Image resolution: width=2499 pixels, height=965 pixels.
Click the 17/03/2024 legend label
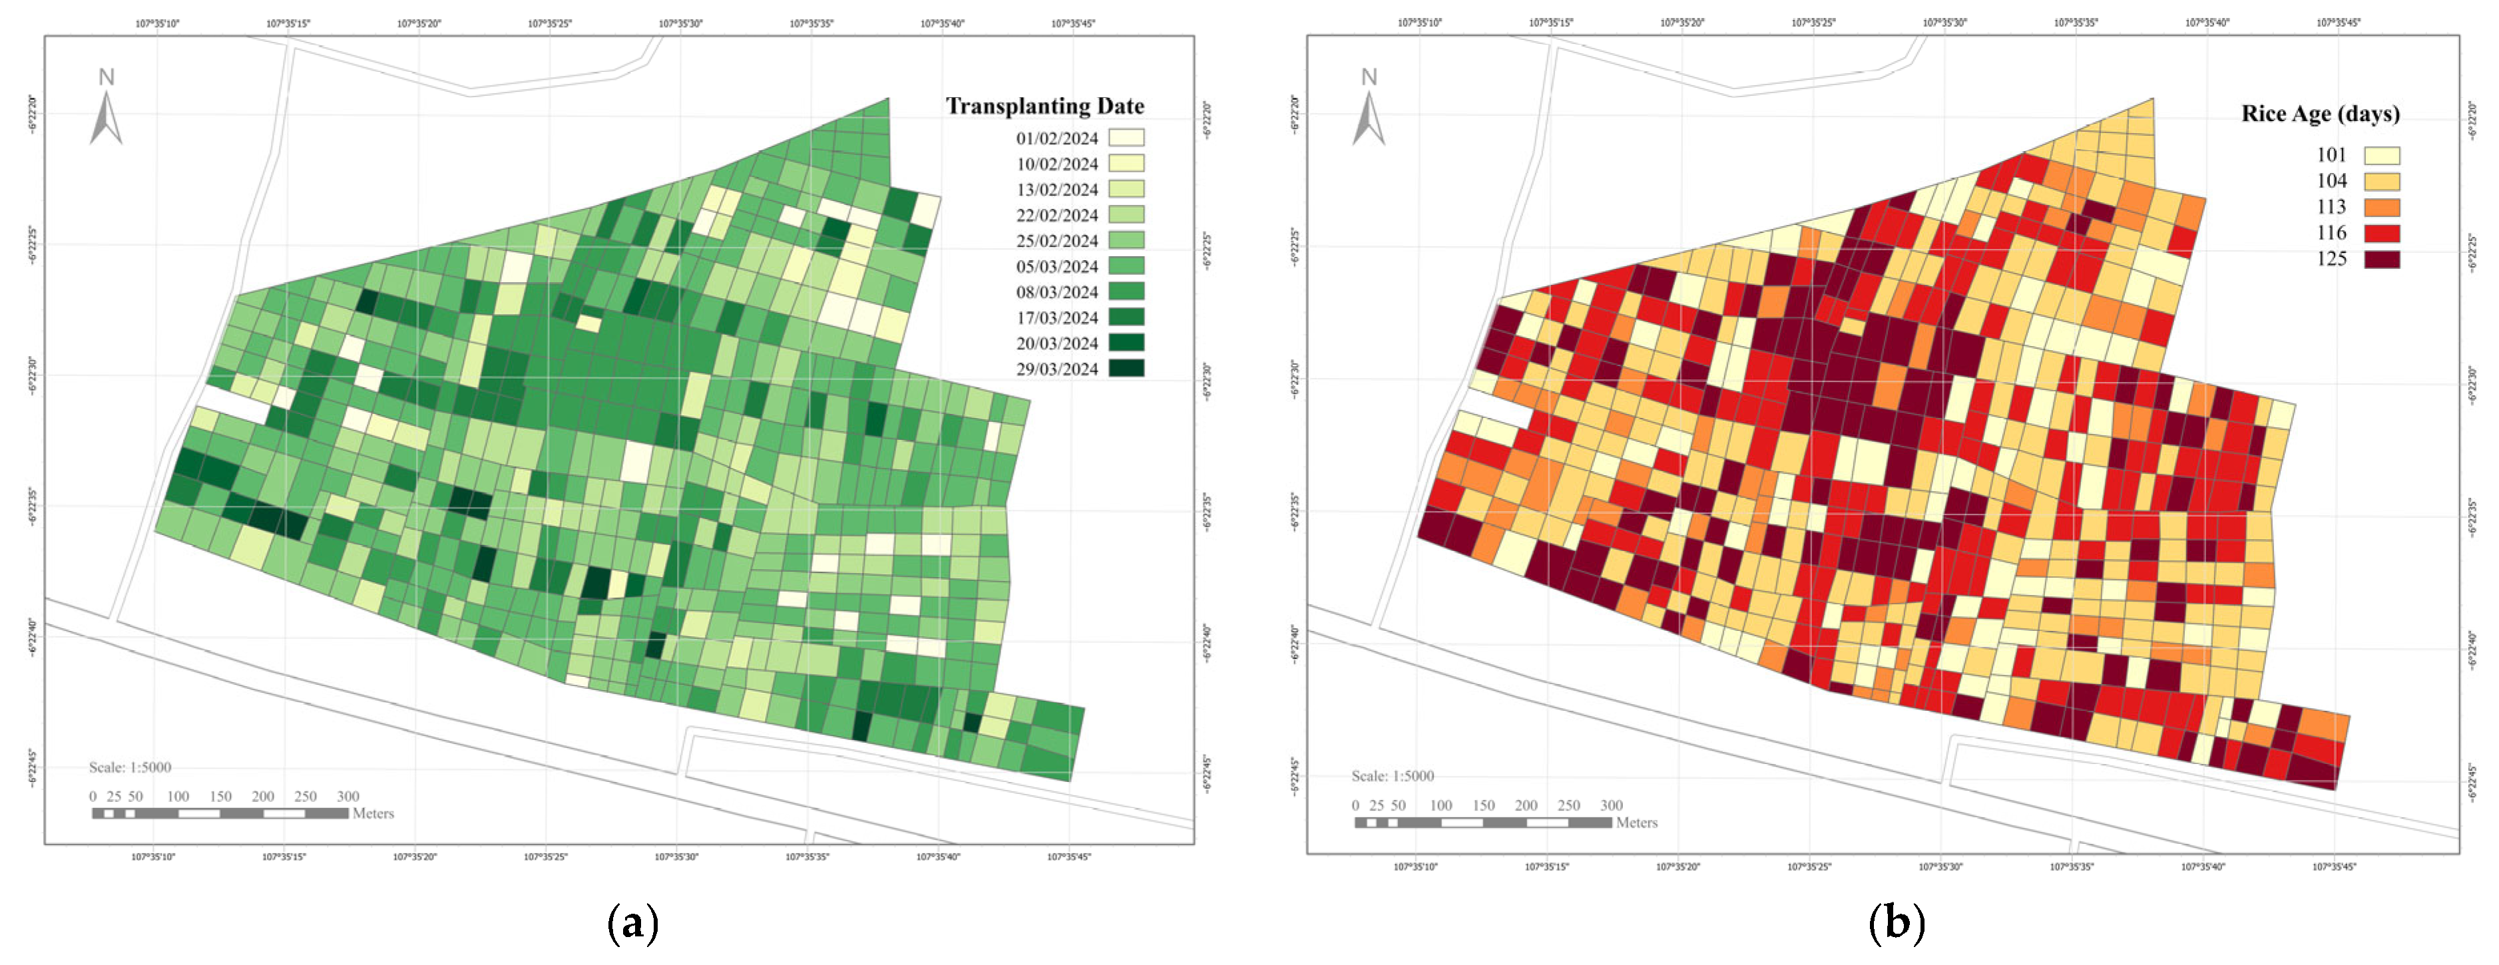click(x=1056, y=318)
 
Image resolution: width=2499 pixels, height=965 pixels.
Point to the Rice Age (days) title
click(x=2319, y=114)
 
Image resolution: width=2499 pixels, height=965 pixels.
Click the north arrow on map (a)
click(x=106, y=108)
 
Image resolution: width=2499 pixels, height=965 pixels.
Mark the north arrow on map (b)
click(x=1369, y=108)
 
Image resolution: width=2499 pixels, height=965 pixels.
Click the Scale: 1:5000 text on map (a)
click(x=130, y=767)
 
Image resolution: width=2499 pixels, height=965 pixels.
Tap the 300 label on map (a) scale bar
click(x=347, y=796)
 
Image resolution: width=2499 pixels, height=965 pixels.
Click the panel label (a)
click(x=632, y=922)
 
